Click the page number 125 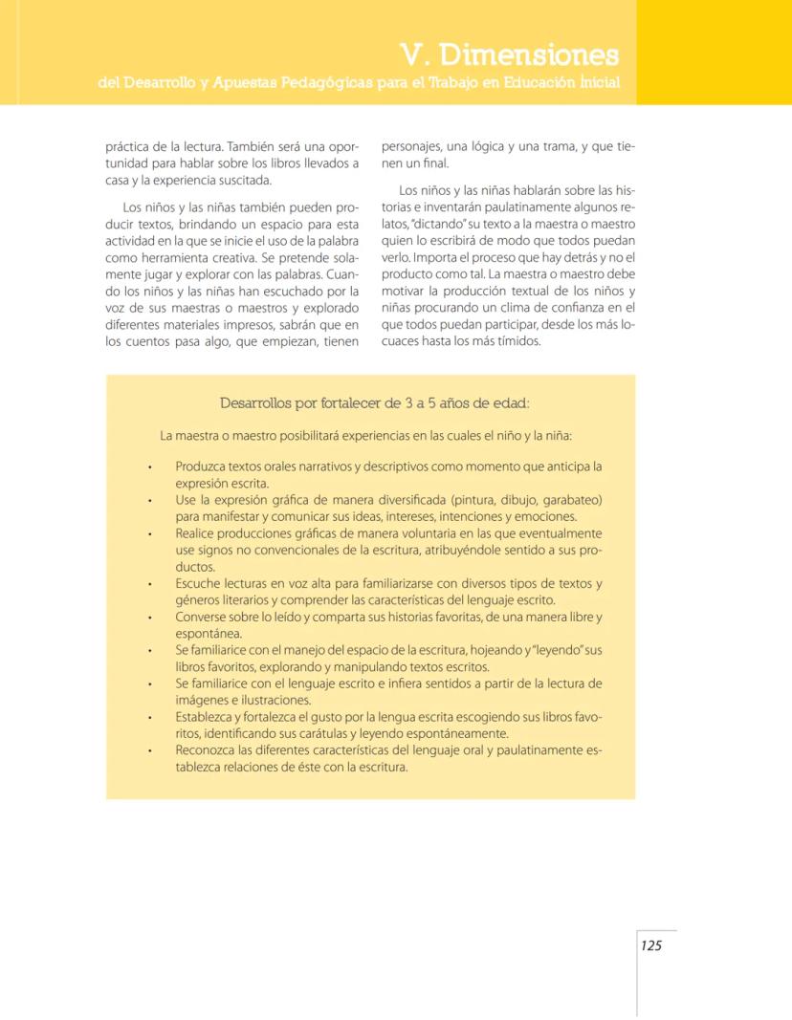pos(651,945)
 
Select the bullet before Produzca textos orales pos(150,467)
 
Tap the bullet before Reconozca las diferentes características pos(150,750)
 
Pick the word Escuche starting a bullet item pos(199,583)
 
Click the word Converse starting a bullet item pos(204,617)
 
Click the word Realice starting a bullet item pos(197,533)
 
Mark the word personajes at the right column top pos(411,148)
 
